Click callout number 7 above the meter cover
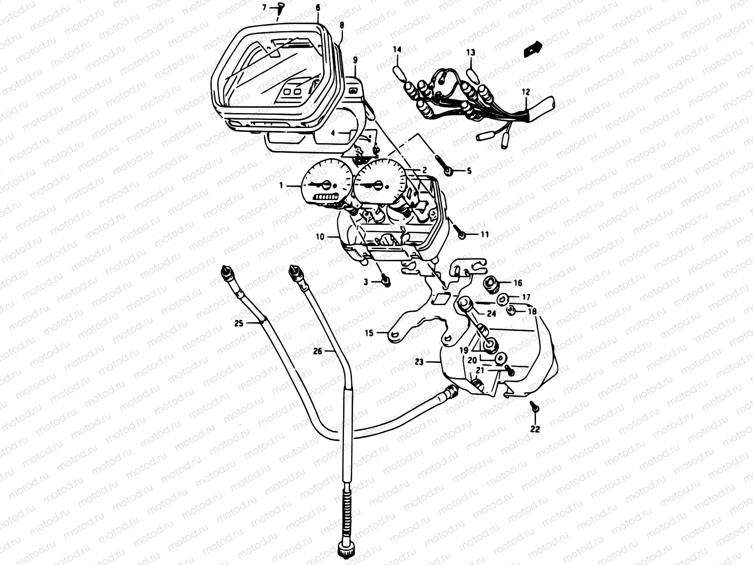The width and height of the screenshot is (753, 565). click(264, 8)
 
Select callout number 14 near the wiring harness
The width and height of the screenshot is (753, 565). click(398, 49)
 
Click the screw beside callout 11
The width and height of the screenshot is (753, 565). click(461, 233)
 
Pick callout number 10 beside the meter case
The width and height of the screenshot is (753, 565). click(320, 237)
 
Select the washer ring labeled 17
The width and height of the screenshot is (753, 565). click(502, 298)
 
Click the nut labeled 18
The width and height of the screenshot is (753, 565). click(512, 310)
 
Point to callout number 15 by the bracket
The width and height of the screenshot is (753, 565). click(368, 333)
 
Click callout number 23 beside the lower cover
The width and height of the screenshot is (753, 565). click(419, 362)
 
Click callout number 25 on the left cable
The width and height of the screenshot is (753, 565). click(239, 323)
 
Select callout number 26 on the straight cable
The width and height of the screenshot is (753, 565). click(318, 351)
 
